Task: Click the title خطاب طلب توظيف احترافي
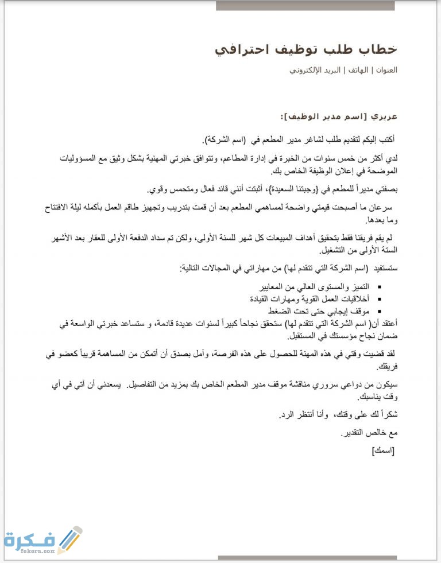305,49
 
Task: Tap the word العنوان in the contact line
386,71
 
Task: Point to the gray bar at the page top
305,5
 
